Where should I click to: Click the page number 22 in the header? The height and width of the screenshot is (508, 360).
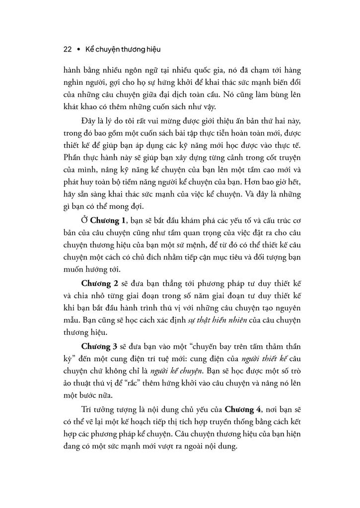69,50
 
